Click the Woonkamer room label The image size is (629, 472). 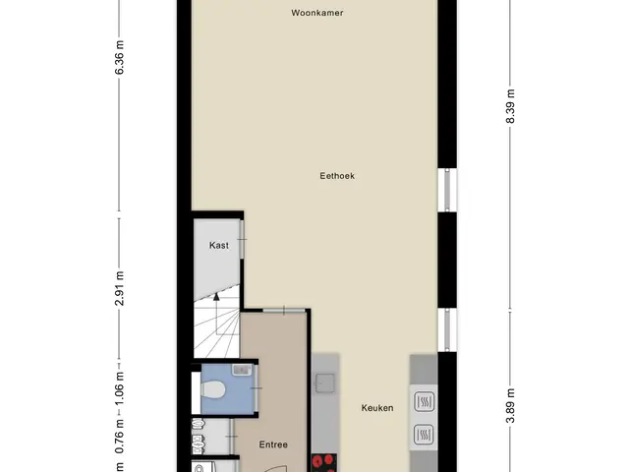click(316, 13)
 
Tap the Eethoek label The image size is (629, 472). click(337, 176)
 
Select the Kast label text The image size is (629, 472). click(219, 245)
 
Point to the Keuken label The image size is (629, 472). click(377, 408)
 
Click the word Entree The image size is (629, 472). click(273, 444)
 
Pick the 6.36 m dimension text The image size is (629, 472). click(119, 57)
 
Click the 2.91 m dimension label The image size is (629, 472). click(119, 288)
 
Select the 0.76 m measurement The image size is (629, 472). click(119, 437)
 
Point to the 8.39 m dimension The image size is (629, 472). click(510, 106)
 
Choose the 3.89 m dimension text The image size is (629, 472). click(510, 406)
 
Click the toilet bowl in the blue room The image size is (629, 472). click(212, 389)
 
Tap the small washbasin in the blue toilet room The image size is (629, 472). click(242, 370)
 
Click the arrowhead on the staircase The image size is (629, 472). click(216, 297)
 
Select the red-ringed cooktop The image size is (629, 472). click(324, 463)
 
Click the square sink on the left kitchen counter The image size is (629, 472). click(325, 383)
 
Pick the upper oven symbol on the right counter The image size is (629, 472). click(424, 401)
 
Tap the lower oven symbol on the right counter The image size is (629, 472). click(424, 435)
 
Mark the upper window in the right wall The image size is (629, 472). click(447, 190)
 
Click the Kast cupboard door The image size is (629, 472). click(242, 239)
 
